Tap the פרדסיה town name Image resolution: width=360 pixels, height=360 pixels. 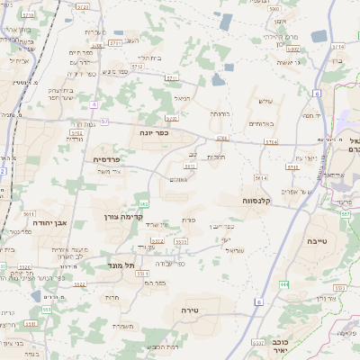pyautogui.click(x=112, y=158)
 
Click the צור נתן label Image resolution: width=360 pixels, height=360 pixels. pyautogui.click(x=316, y=297)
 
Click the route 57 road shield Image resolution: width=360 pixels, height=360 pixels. pyautogui.click(x=104, y=121)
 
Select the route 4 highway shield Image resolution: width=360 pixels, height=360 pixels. pyautogui.click(x=94, y=103)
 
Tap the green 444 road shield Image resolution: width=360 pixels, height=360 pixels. pyautogui.click(x=284, y=284)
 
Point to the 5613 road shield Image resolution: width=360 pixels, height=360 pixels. pyautogui.click(x=260, y=178)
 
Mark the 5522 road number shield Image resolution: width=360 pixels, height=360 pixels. pyautogui.click(x=80, y=283)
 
